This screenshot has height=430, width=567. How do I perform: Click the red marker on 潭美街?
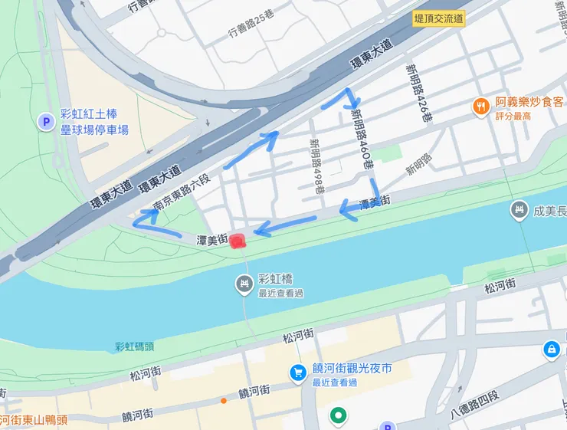tap(238, 241)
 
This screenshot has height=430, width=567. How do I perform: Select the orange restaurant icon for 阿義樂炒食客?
tap(480, 107)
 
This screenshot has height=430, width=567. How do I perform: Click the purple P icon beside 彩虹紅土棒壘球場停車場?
tap(45, 121)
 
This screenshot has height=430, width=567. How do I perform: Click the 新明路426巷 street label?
tap(418, 94)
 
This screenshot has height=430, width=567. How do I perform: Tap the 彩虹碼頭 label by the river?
tap(135, 347)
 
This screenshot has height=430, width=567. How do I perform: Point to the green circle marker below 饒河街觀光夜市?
tap(337, 416)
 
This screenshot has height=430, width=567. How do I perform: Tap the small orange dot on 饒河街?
tap(223, 400)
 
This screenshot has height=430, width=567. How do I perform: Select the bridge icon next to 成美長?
tap(519, 209)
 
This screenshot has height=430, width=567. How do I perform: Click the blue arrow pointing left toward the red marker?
tap(264, 228)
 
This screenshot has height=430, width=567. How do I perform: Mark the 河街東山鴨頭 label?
tap(34, 419)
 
